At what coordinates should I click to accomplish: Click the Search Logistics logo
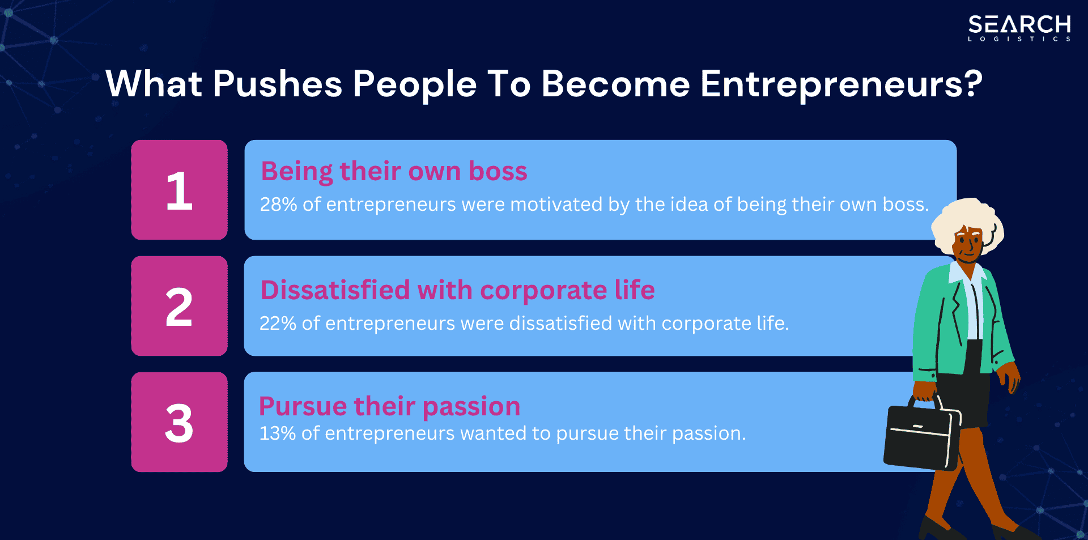tap(1019, 28)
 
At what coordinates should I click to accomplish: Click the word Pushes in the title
tap(277, 84)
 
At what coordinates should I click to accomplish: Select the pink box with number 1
tap(179, 190)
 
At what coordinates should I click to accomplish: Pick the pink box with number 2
tap(179, 306)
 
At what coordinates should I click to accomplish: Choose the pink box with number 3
tap(179, 422)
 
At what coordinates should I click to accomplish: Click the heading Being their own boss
tap(394, 171)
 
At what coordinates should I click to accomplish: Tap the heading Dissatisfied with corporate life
tap(457, 290)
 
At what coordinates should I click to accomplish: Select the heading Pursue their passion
tap(389, 406)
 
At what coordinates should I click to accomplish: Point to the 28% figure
tap(278, 205)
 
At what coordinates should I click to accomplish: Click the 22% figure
tap(278, 324)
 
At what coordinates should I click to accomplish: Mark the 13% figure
tap(277, 433)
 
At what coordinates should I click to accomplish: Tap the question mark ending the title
tap(972, 84)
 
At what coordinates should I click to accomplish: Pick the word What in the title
tap(154, 84)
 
